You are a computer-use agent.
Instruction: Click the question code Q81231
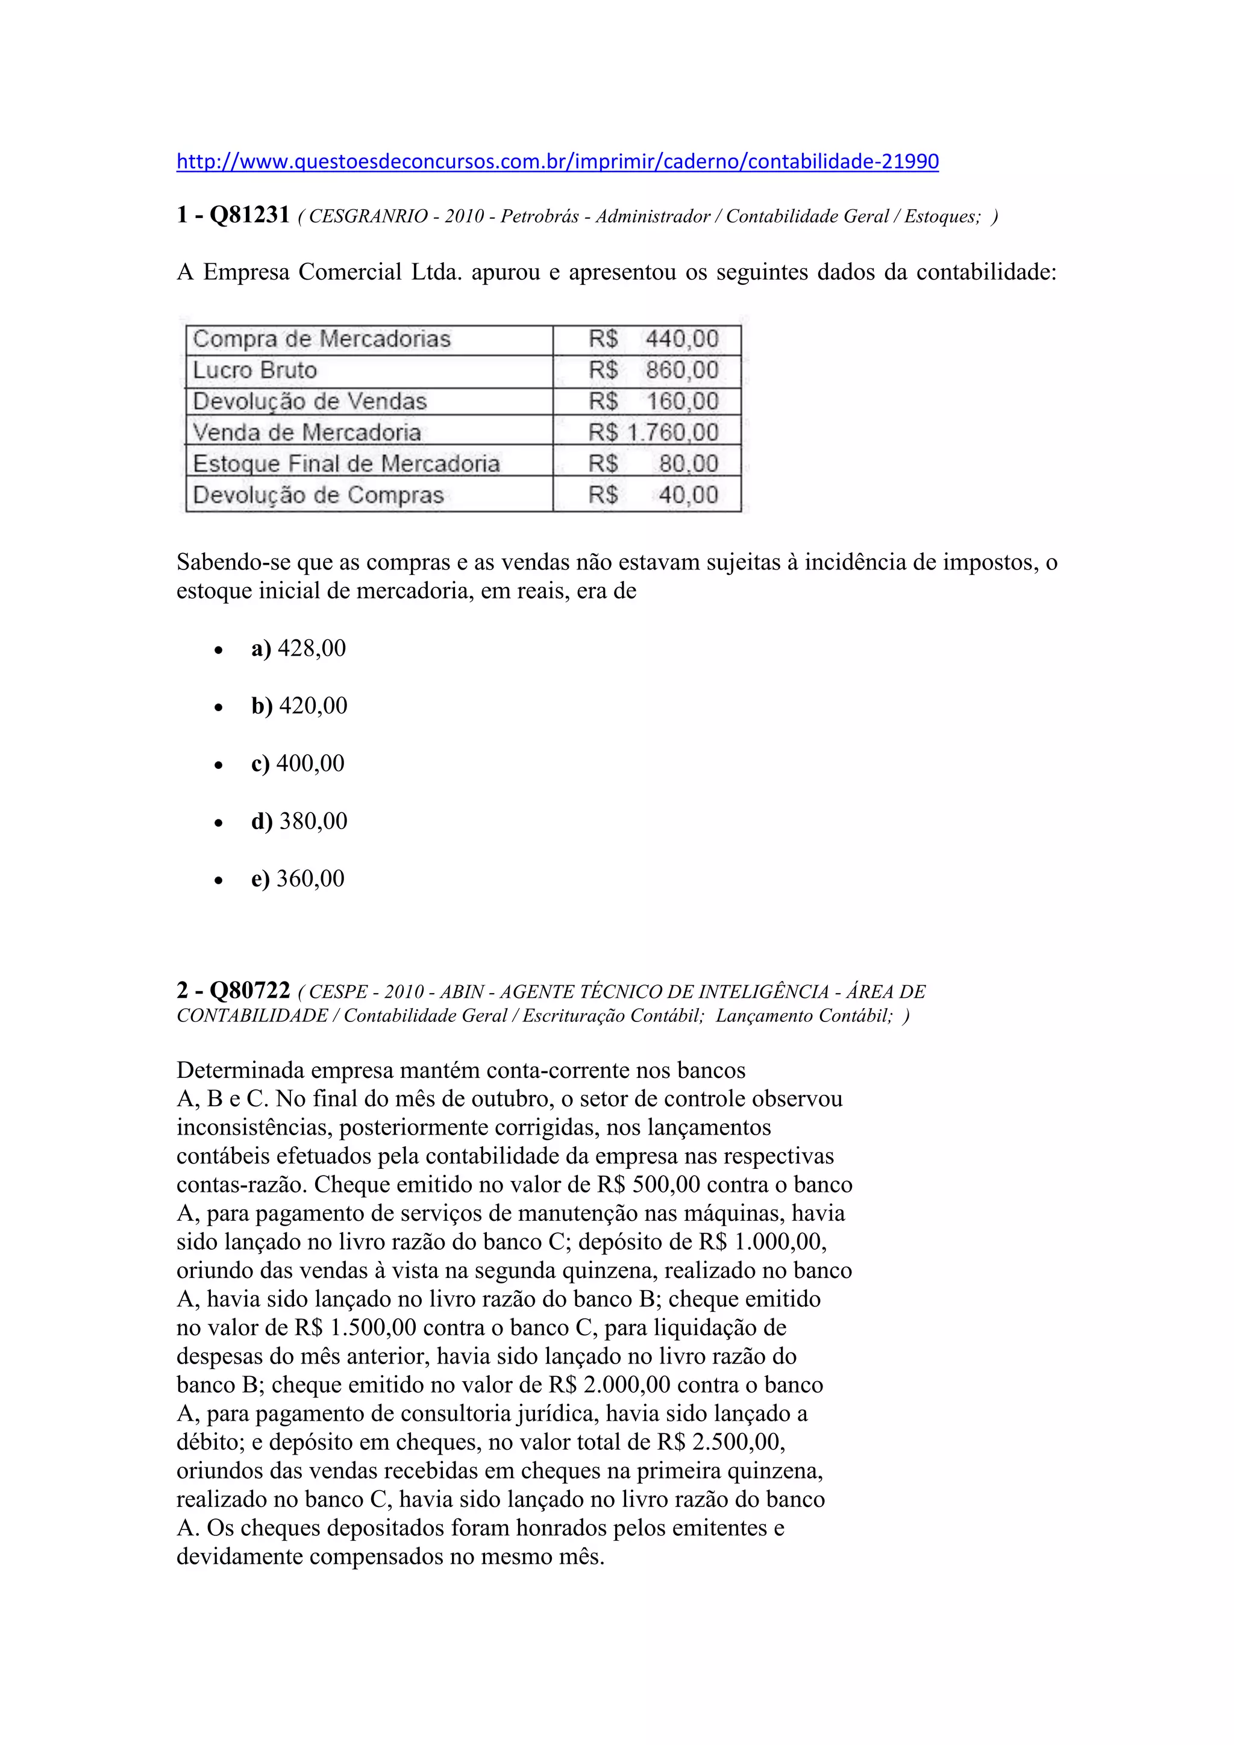pos(249,215)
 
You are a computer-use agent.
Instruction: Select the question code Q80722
pos(249,991)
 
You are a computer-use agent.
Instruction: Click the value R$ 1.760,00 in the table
pos(653,433)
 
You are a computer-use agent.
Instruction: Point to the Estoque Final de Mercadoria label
pos(346,463)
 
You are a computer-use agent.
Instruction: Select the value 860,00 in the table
pos(681,370)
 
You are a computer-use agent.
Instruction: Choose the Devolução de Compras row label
pos(318,495)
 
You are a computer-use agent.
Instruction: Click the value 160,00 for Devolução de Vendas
pos(681,401)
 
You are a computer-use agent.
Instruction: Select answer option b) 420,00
pos(299,706)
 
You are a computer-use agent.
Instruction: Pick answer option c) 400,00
pos(298,763)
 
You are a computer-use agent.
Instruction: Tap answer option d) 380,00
pos(299,821)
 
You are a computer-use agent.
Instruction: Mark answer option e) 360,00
pos(298,879)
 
